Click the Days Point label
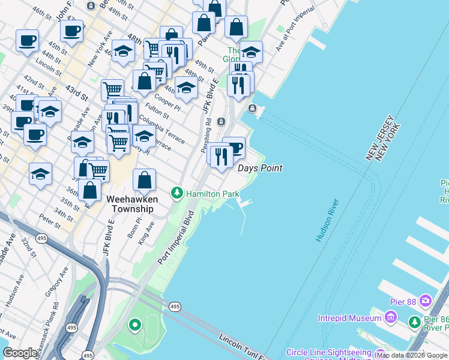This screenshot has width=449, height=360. coord(260,169)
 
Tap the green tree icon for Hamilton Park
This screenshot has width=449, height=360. coord(177,193)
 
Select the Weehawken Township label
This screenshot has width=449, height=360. coord(132,204)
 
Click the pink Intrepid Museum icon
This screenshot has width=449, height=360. coord(391,316)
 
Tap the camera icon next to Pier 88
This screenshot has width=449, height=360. coord(426,299)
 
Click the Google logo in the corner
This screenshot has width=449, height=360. coord(20,353)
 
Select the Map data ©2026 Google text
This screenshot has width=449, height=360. coord(412,355)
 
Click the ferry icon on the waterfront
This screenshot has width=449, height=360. coord(253,109)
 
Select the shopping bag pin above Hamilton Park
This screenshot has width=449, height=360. coord(145,179)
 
